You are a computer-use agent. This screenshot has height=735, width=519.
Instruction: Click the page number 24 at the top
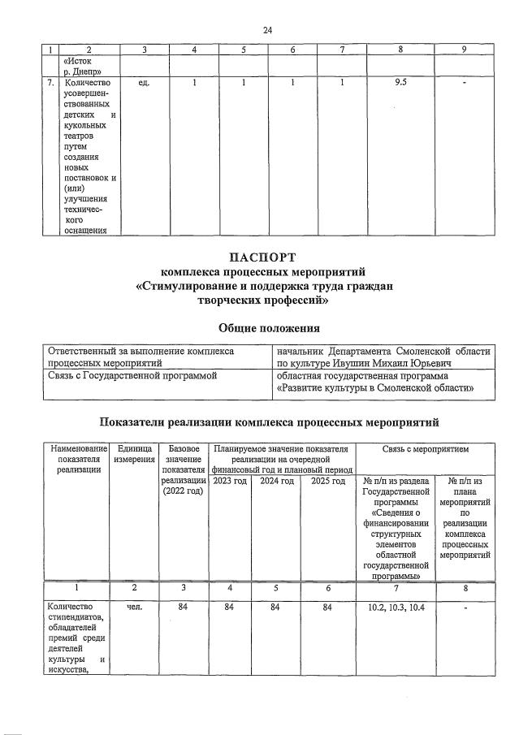(x=267, y=30)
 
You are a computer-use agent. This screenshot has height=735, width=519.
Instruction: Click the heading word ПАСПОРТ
(x=267, y=258)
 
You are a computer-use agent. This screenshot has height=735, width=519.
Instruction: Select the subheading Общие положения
(x=268, y=328)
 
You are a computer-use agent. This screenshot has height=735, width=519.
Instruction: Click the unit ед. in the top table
(x=144, y=82)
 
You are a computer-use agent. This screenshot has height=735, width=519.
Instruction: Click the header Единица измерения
(x=134, y=455)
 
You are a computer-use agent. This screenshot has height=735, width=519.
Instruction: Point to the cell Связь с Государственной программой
(x=133, y=376)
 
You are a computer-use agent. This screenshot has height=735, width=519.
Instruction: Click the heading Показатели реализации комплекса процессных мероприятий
(x=268, y=422)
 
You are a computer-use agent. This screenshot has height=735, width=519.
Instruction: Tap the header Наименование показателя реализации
(x=77, y=460)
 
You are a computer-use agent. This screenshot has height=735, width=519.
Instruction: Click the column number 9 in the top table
(x=463, y=50)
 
